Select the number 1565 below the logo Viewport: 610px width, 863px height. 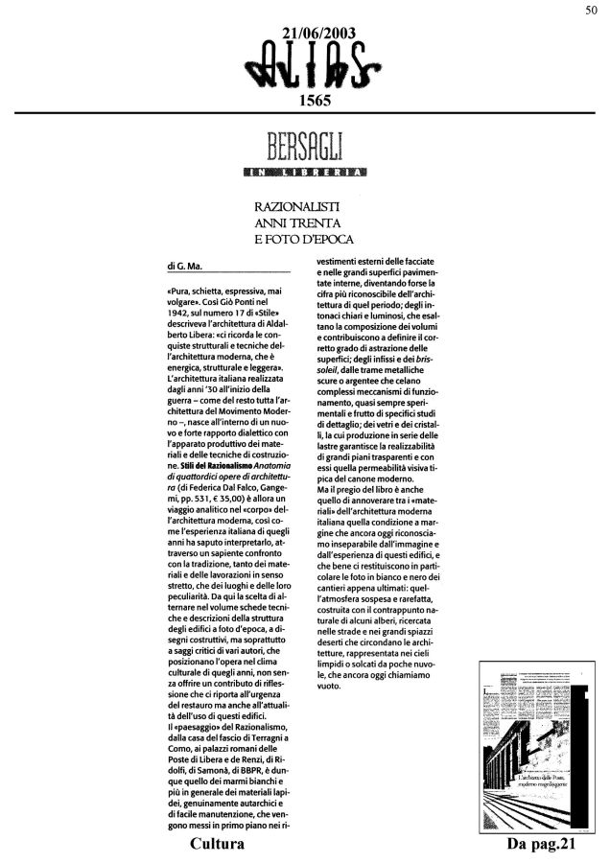point(315,101)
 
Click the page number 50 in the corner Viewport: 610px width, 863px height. point(592,10)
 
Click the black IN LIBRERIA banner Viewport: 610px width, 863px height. point(305,174)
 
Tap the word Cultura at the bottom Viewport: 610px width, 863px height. point(218,845)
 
